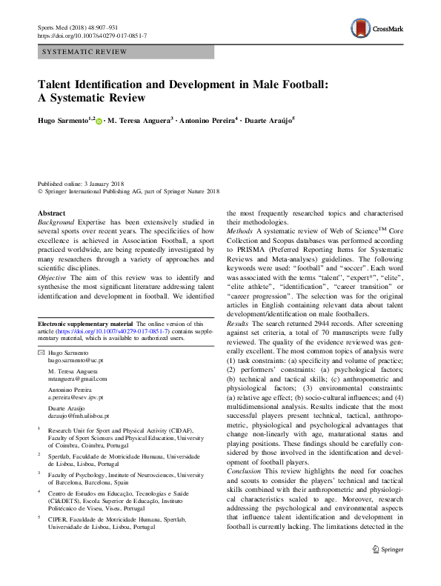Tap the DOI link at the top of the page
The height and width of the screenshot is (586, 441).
click(91, 35)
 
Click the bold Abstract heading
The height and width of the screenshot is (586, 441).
click(50, 212)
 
